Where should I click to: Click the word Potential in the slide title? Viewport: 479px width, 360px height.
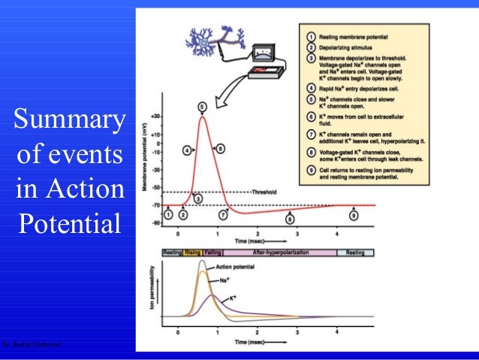[x=68, y=222]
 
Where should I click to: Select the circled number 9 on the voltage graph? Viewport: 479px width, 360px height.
[x=353, y=216]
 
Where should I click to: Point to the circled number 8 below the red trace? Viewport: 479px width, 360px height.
[x=291, y=219]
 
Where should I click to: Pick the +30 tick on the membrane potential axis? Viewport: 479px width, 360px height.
[x=155, y=116]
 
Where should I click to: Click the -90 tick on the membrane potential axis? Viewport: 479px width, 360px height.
[x=155, y=223]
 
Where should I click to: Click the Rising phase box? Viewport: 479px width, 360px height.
[x=192, y=253]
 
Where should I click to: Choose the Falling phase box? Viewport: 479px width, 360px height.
[x=212, y=253]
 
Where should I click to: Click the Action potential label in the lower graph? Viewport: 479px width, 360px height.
[x=235, y=268]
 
